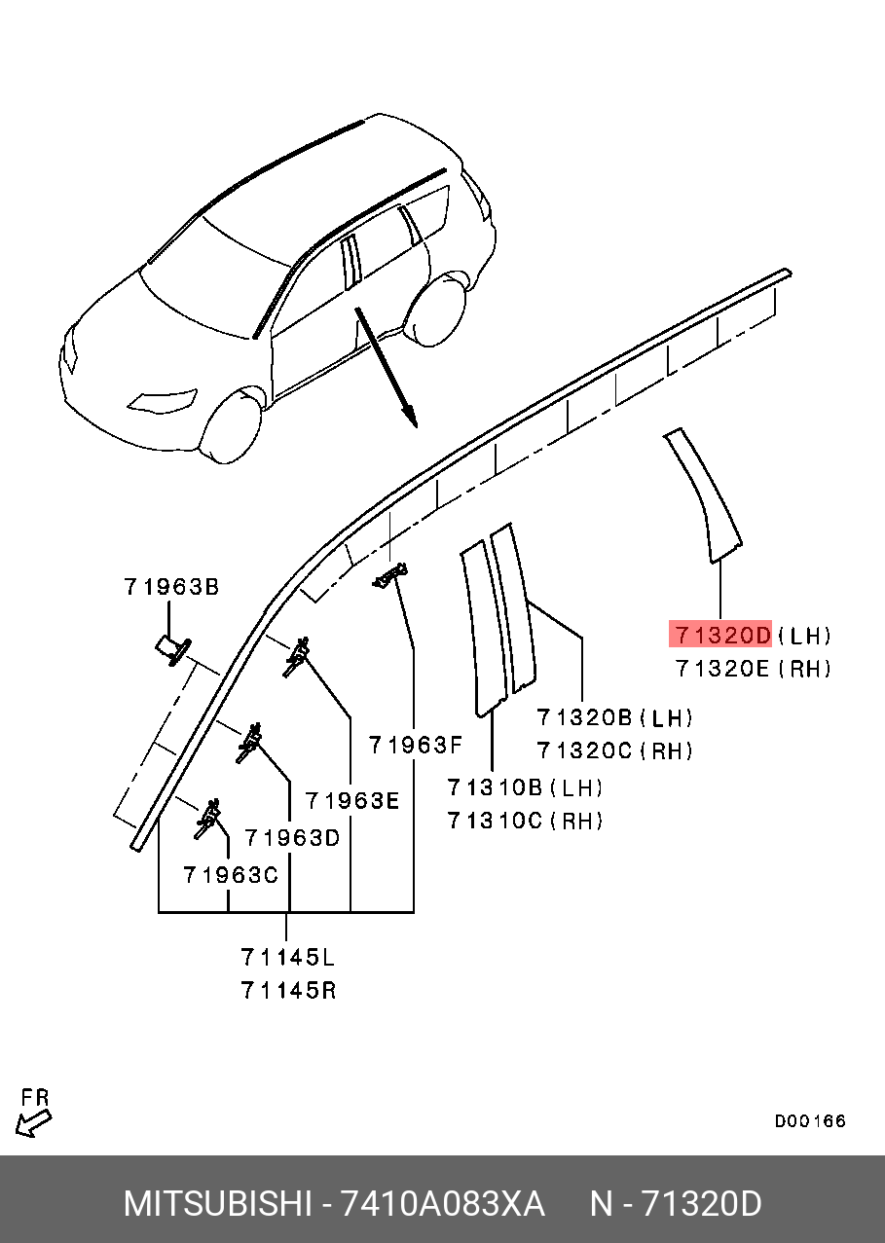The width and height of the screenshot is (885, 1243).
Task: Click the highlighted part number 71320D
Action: (x=721, y=636)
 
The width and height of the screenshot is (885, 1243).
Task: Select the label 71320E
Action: (x=721, y=669)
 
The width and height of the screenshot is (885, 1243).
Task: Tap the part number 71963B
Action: (x=171, y=587)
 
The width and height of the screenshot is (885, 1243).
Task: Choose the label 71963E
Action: (x=352, y=800)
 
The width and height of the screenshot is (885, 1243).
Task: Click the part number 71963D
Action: (x=292, y=837)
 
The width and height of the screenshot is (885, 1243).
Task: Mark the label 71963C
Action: (x=231, y=875)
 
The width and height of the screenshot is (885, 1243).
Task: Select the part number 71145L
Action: (x=288, y=957)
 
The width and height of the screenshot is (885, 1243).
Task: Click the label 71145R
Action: (x=288, y=990)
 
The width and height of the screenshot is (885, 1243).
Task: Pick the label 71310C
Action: (x=495, y=821)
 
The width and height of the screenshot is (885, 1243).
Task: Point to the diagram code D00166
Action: (x=810, y=1121)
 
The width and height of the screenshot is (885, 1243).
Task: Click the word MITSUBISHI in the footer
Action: (x=217, y=1204)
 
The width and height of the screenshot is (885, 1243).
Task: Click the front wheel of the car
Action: (x=233, y=425)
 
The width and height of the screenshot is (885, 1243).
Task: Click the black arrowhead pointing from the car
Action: (x=411, y=419)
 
